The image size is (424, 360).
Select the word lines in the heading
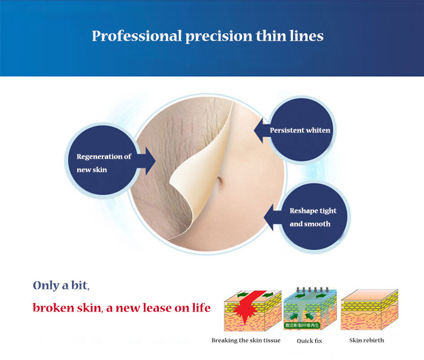click(305, 36)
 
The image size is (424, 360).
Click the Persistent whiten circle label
click(300, 130)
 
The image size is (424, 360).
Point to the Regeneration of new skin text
click(104, 163)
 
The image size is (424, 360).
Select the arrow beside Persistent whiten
click(260, 130)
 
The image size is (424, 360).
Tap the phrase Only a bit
click(61, 285)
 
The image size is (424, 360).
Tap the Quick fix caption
click(310, 340)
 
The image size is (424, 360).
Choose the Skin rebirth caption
click(367, 340)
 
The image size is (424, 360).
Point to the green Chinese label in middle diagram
click(309, 325)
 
